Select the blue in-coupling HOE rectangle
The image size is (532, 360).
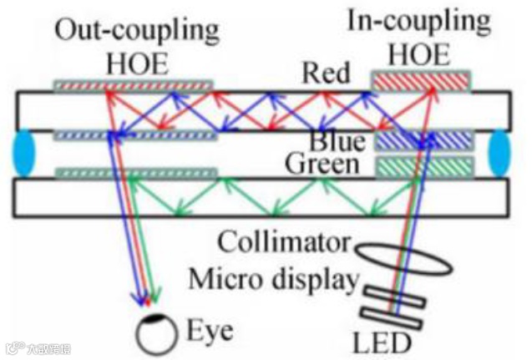coord(423,139)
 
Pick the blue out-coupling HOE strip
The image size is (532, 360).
coord(134,134)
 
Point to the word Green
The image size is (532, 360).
coord(322,165)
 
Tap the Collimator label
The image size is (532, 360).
coord(284,244)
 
